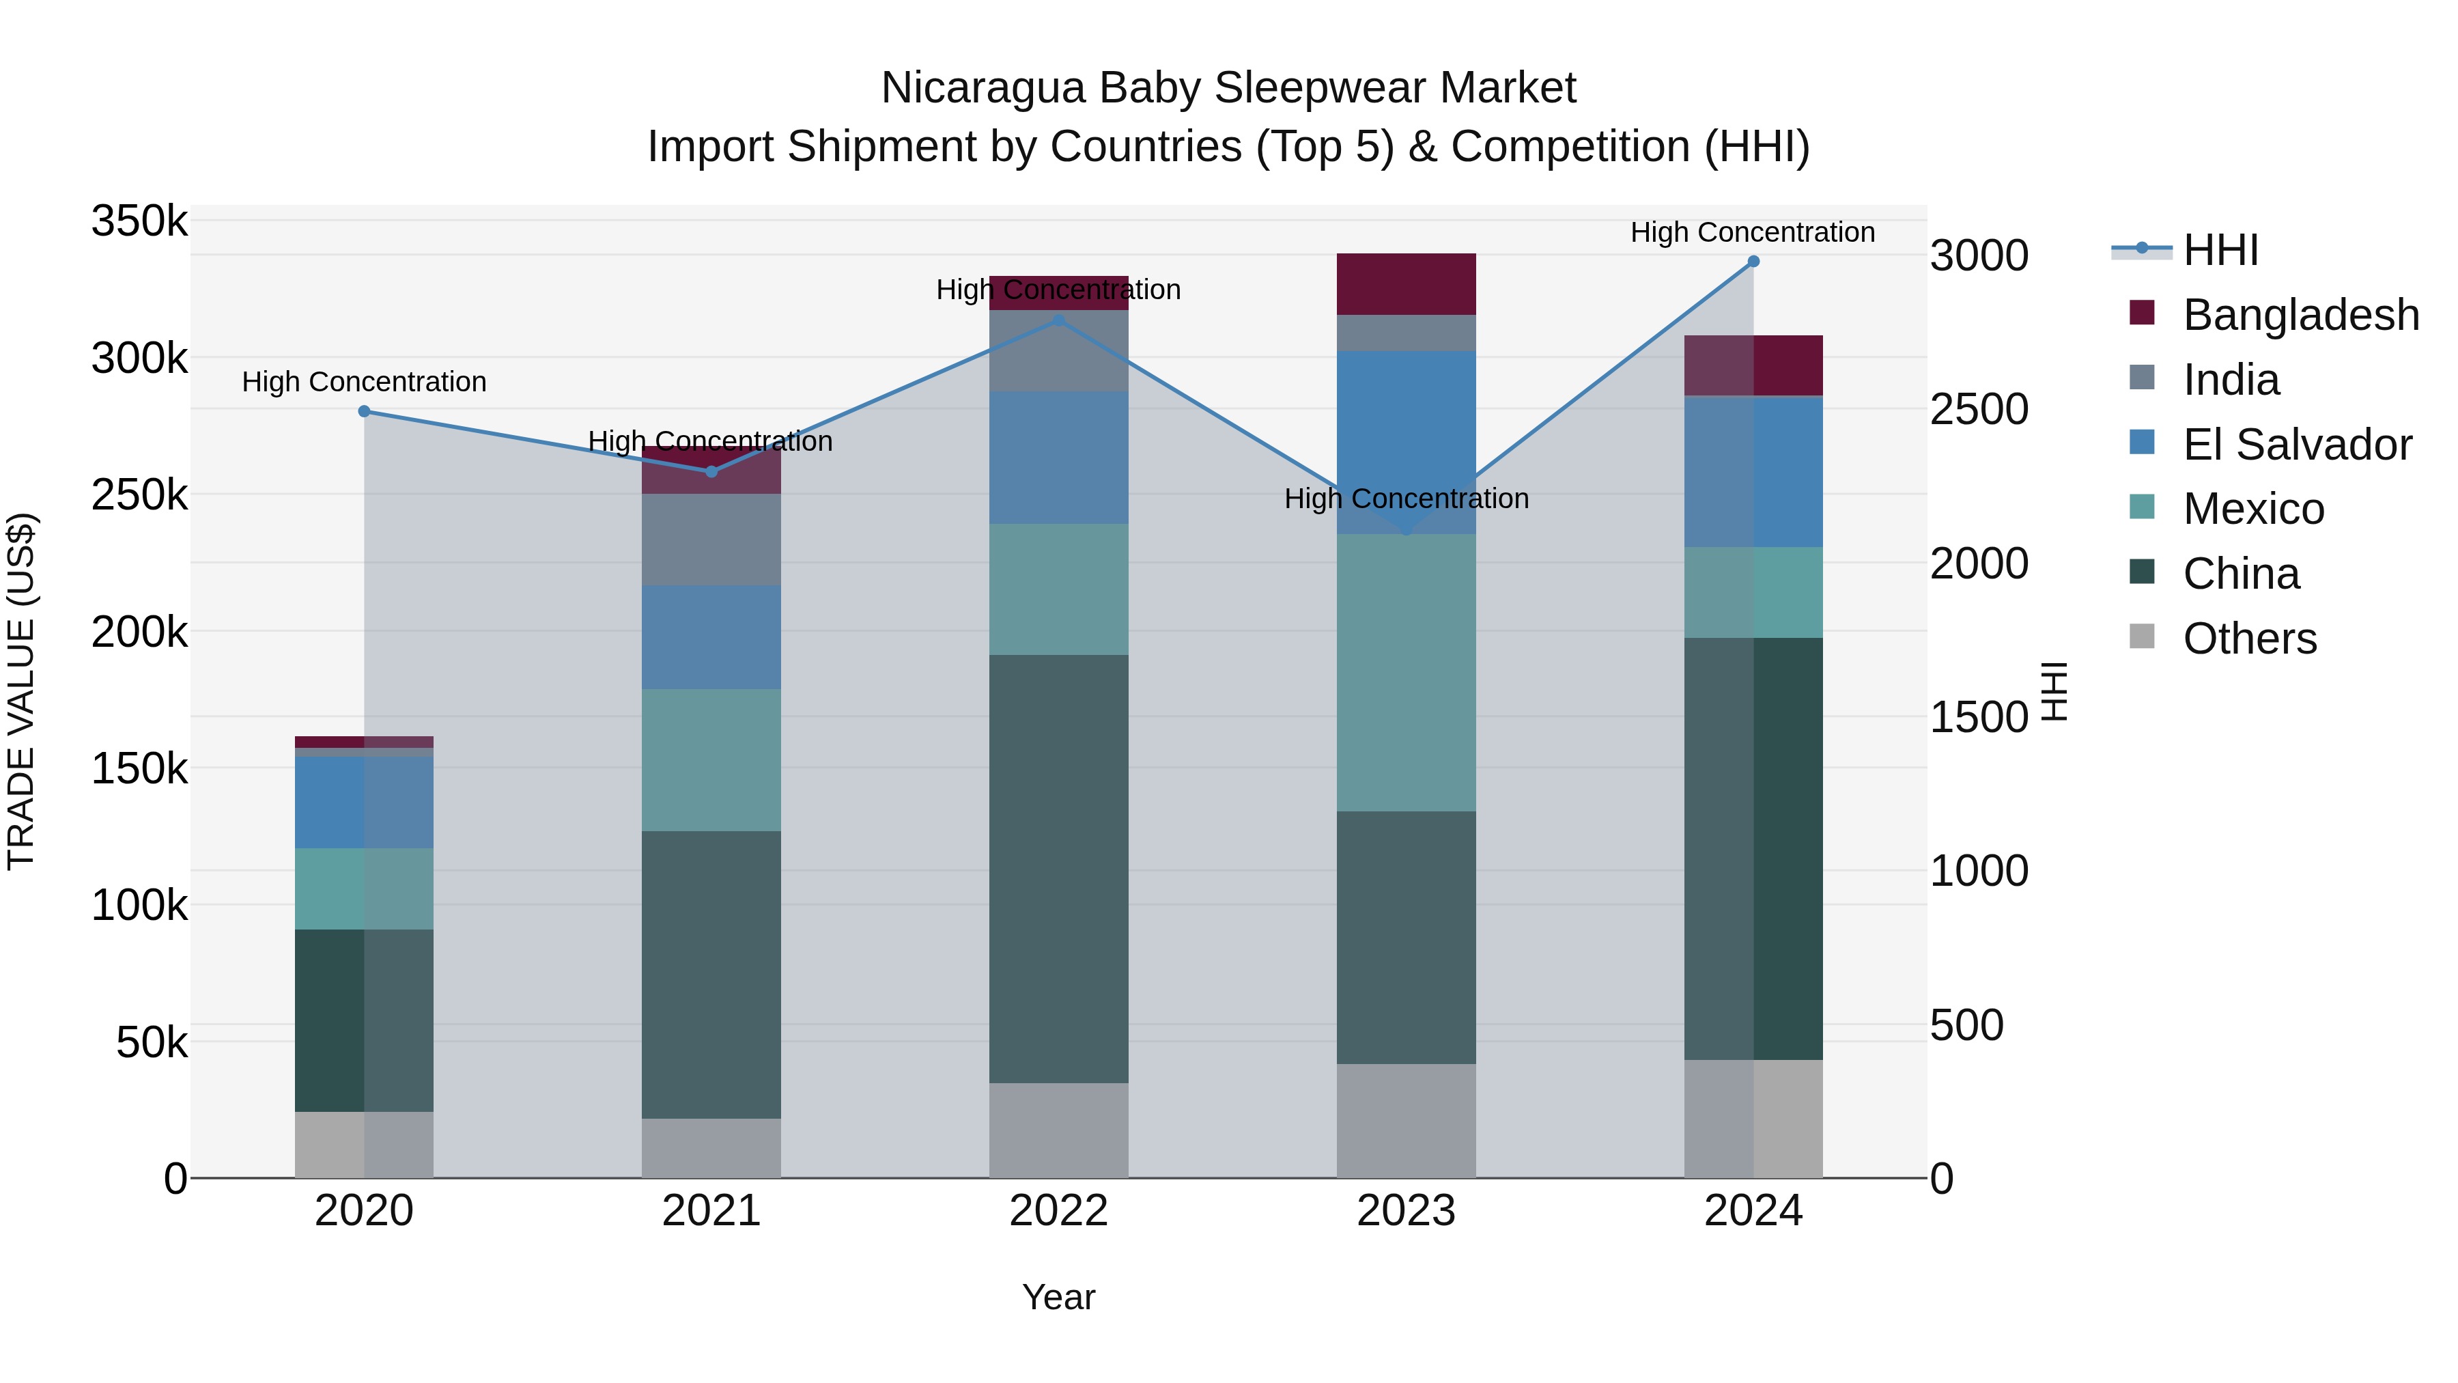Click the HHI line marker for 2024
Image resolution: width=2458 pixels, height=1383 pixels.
(1753, 262)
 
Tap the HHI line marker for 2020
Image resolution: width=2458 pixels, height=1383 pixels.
(363, 411)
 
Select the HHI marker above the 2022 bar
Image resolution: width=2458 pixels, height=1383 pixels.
(1058, 321)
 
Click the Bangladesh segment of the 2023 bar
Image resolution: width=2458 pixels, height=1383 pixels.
(1406, 283)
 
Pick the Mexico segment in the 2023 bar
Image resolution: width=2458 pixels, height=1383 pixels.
(1406, 673)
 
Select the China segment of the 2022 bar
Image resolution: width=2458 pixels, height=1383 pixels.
(1058, 869)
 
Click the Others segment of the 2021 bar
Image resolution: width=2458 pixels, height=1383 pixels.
(711, 1148)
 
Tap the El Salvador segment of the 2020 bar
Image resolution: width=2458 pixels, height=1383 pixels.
(363, 802)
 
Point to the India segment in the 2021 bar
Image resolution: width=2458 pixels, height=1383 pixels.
(711, 540)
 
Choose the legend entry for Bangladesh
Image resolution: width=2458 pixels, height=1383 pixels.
(2300, 315)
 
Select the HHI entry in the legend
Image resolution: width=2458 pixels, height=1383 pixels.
(2220, 250)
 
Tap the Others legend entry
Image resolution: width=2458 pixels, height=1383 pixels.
(2249, 639)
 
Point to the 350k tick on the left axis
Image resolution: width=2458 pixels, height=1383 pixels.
(139, 221)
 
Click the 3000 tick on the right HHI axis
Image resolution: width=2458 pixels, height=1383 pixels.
(1978, 256)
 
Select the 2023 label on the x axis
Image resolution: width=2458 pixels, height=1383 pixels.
(1406, 1211)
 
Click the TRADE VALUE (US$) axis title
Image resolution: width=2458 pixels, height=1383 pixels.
(21, 691)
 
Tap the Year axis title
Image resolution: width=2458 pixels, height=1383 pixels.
(1058, 1297)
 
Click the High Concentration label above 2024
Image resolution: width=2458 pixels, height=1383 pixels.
(1752, 232)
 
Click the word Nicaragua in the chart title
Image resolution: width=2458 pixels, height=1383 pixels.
(983, 88)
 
